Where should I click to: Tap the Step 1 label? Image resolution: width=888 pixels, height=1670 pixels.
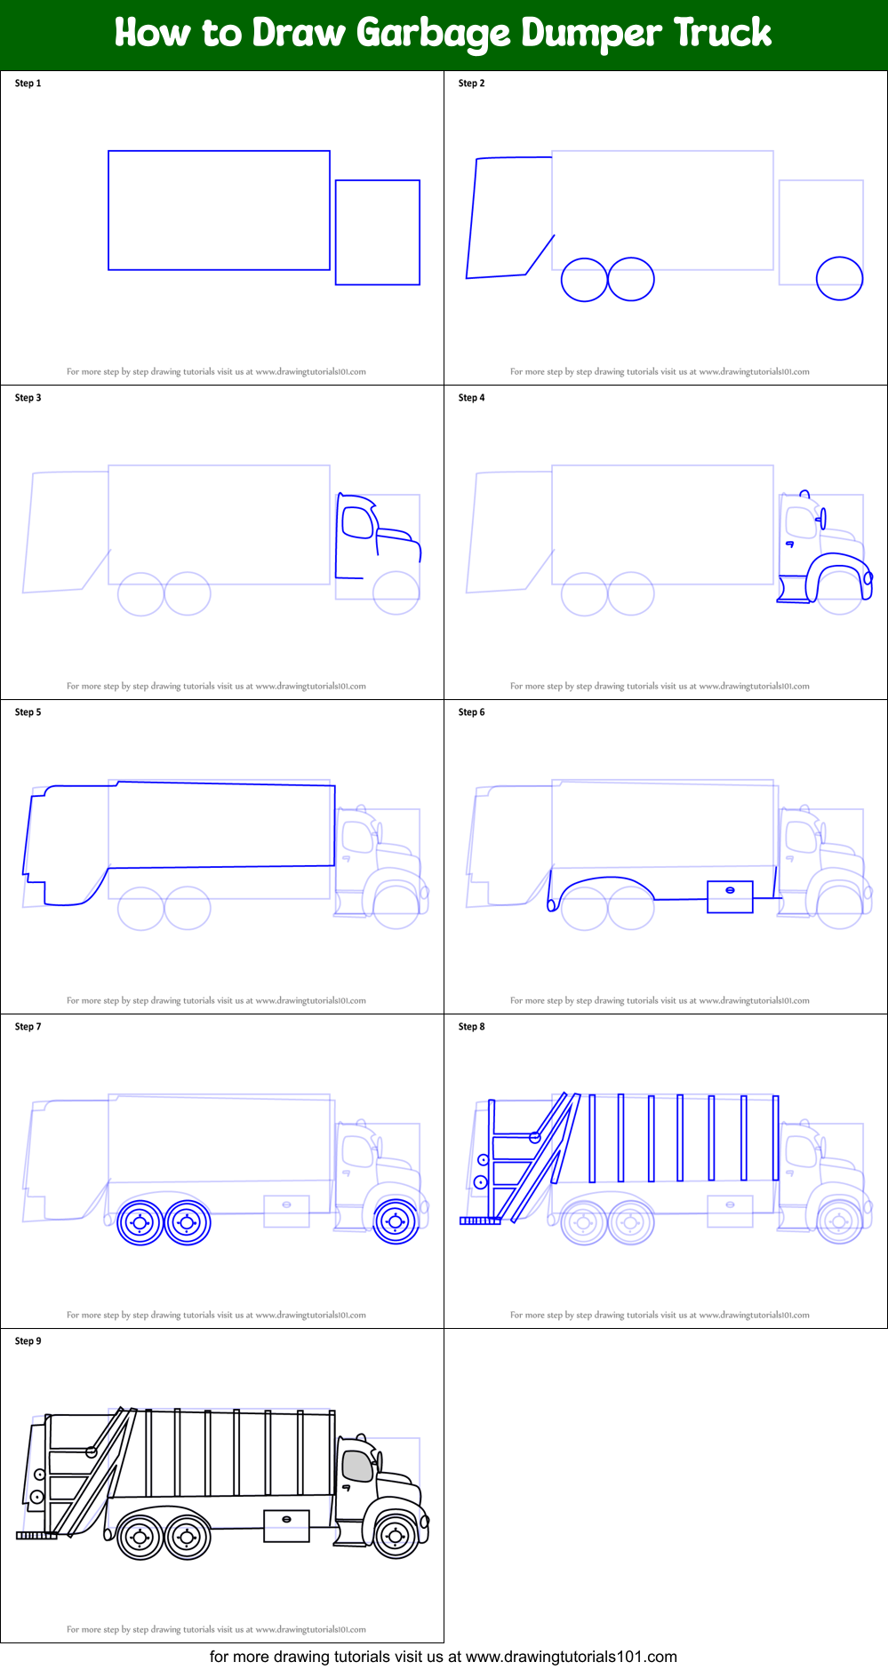coord(28,83)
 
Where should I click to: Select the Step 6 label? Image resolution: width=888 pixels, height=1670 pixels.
coord(471,712)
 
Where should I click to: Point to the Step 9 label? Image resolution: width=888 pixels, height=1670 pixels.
coord(28,1341)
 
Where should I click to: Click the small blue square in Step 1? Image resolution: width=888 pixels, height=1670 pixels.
coord(377,233)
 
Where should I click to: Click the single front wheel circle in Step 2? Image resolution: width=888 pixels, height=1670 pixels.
coord(839,279)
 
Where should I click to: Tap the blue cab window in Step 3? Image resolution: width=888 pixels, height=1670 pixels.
coord(357,522)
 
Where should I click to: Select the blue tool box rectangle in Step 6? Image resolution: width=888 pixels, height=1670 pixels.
coord(730,896)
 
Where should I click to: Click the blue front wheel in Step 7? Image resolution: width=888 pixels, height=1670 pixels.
coord(396,1221)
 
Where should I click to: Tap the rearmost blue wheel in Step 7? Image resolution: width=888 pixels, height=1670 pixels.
coord(140,1223)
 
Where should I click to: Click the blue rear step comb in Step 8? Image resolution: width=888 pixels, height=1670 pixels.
coord(480,1221)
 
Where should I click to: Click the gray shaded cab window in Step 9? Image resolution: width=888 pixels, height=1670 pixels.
coord(357,1465)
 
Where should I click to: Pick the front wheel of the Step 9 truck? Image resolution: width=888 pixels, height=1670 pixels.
coord(396,1535)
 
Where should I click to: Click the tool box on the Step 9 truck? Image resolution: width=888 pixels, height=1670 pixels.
coord(286,1525)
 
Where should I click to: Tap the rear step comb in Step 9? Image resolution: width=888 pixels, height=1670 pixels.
coord(36,1535)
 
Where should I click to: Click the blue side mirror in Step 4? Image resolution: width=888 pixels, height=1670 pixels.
coord(822,518)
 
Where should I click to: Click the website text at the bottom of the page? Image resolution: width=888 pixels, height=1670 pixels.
coord(443,1657)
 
